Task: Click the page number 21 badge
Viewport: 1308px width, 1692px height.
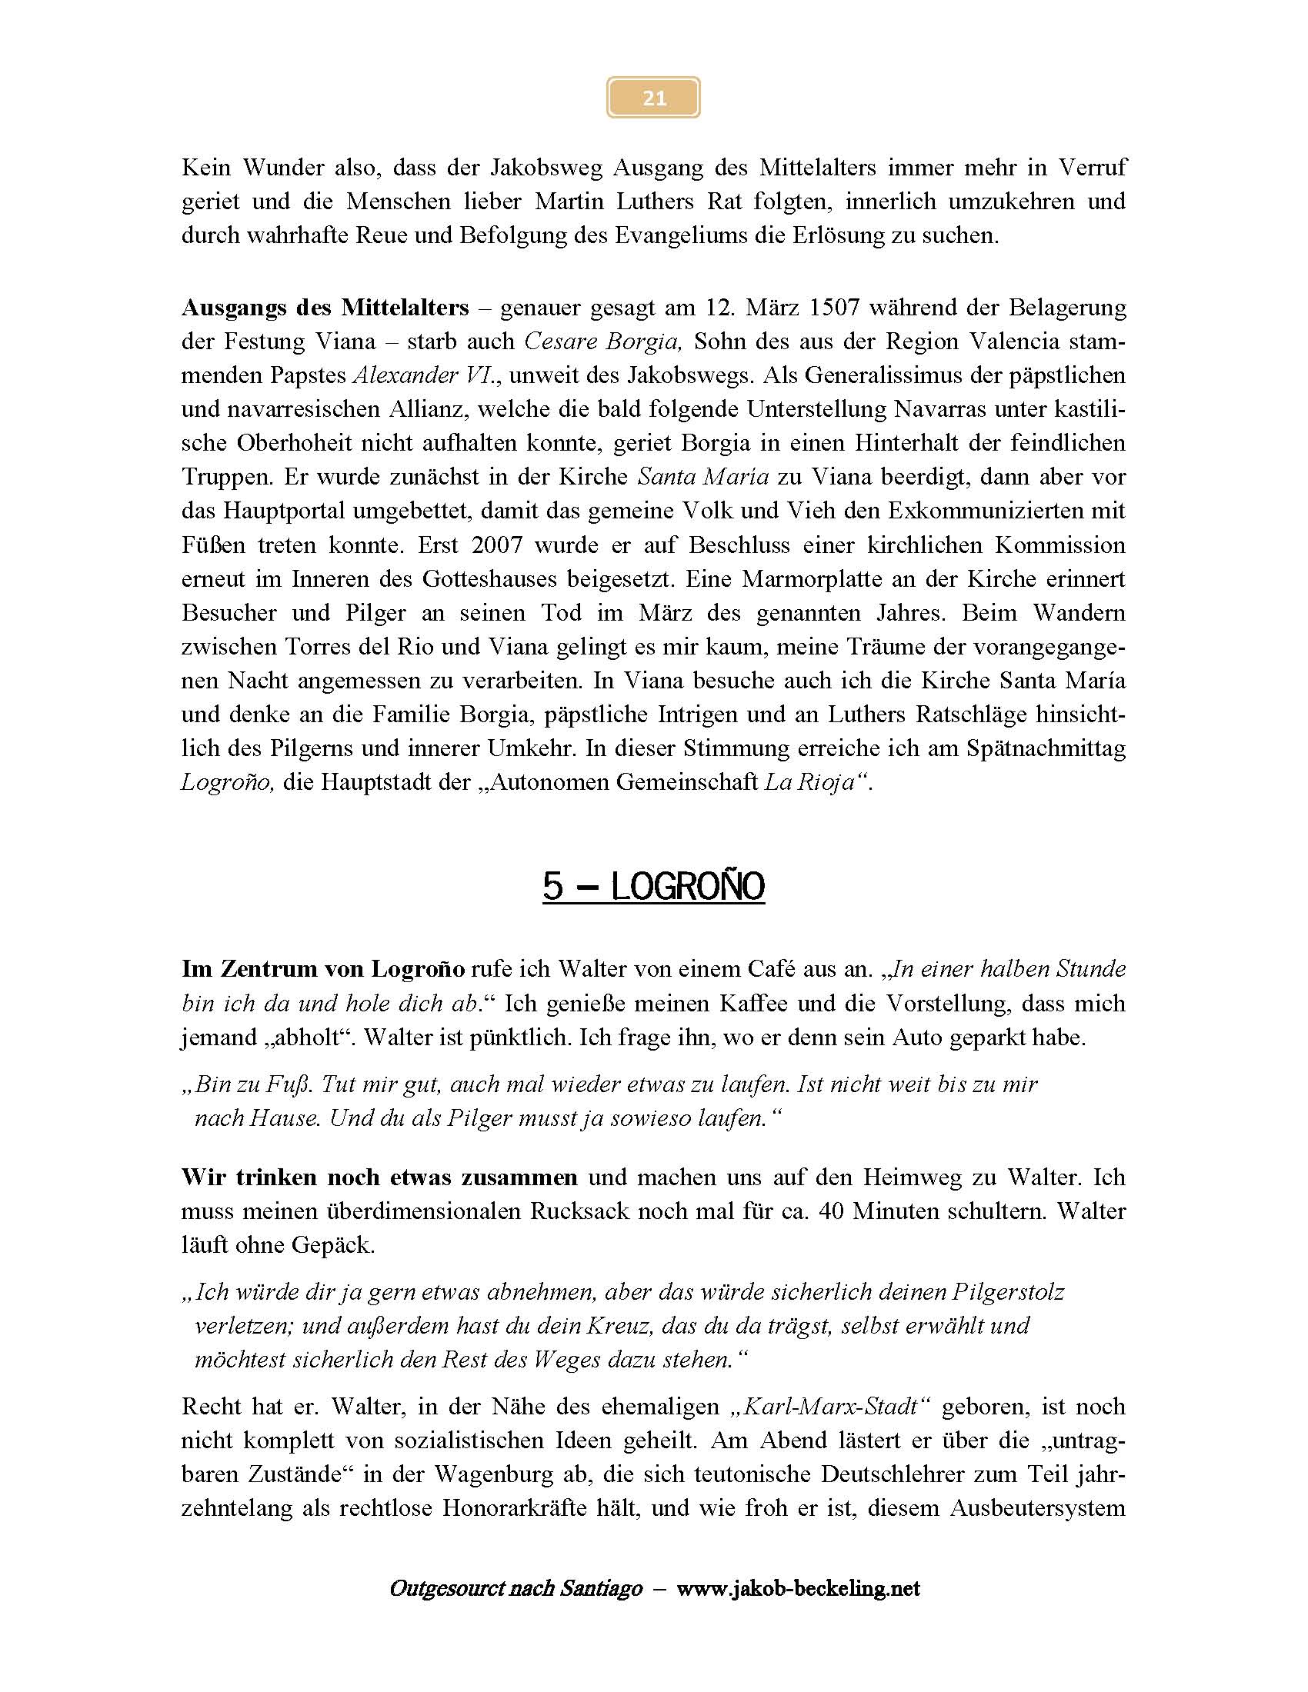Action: click(653, 98)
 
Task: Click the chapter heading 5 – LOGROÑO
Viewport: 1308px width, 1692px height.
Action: click(653, 886)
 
